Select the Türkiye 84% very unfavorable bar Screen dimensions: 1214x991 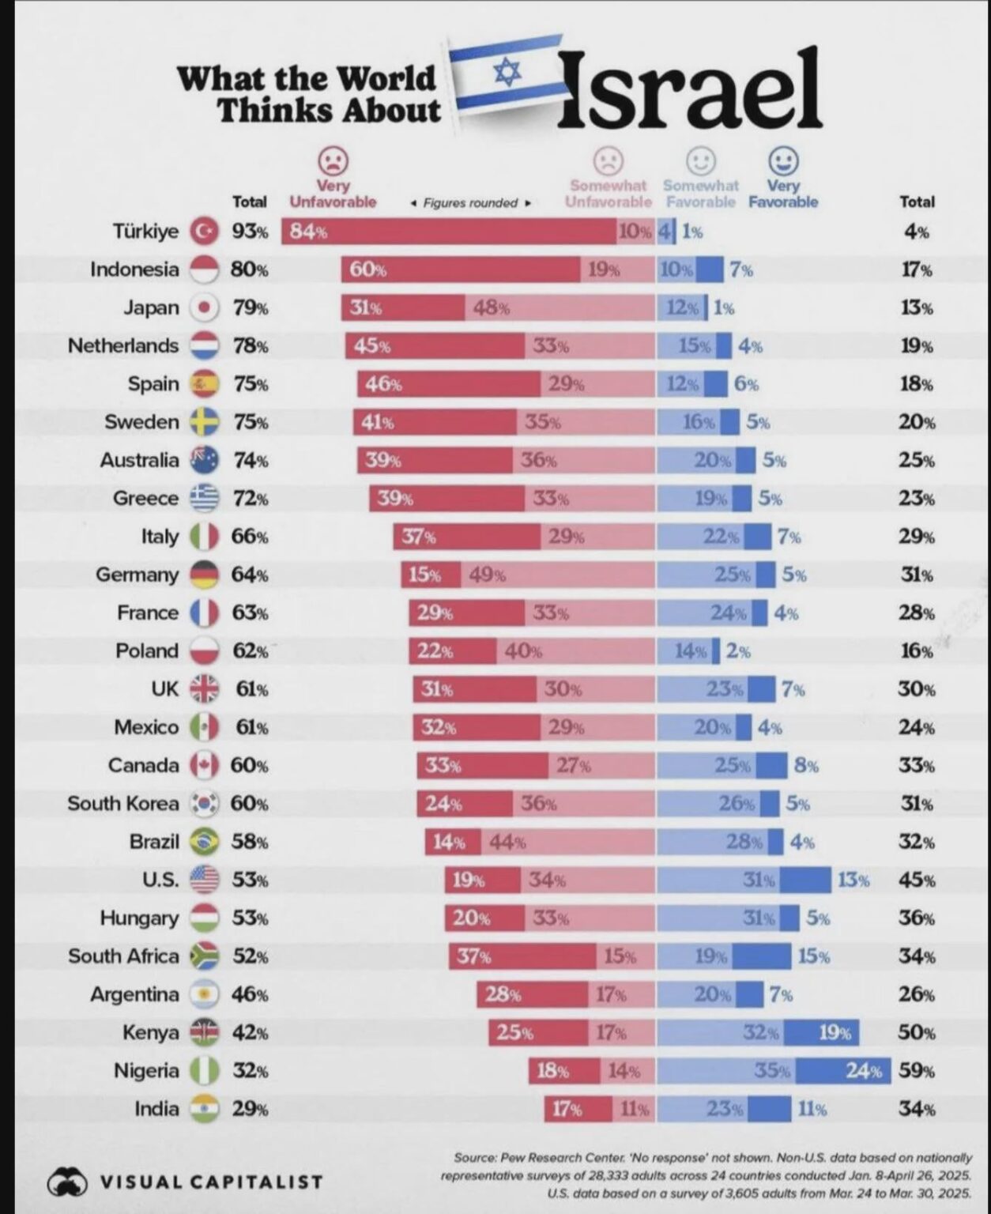[x=449, y=232]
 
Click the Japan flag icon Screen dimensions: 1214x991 [x=205, y=307]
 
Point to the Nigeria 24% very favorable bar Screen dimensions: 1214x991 [x=842, y=1071]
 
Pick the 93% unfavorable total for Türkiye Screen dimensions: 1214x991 [x=250, y=232]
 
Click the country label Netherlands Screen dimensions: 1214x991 [x=123, y=346]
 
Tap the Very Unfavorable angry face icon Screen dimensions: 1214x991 [x=333, y=161]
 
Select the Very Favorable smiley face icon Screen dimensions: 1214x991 [x=783, y=161]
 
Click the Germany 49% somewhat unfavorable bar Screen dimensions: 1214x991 [x=558, y=575]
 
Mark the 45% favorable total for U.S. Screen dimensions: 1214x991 [x=917, y=880]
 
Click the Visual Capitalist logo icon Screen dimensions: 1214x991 [x=66, y=1182]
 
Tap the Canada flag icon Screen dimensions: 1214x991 [x=205, y=765]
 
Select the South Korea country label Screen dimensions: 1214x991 [x=123, y=804]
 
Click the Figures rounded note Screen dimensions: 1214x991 [x=470, y=203]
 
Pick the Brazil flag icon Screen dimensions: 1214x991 [x=205, y=842]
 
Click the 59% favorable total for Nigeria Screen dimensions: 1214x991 [x=917, y=1071]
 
